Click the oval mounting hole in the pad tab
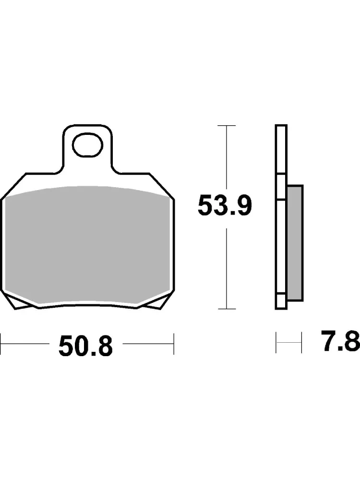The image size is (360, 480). pyautogui.click(x=87, y=145)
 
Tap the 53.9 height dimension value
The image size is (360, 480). pyautogui.click(x=225, y=206)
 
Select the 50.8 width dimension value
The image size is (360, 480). pyautogui.click(x=86, y=346)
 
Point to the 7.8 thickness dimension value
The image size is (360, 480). pyautogui.click(x=340, y=340)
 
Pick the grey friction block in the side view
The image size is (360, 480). pyautogui.click(x=295, y=243)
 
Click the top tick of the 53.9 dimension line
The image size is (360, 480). pyautogui.click(x=226, y=125)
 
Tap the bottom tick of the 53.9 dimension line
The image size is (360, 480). pyautogui.click(x=226, y=309)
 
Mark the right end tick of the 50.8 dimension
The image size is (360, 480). pyautogui.click(x=174, y=344)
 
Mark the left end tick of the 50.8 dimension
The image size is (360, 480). pyautogui.click(x=1, y=344)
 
